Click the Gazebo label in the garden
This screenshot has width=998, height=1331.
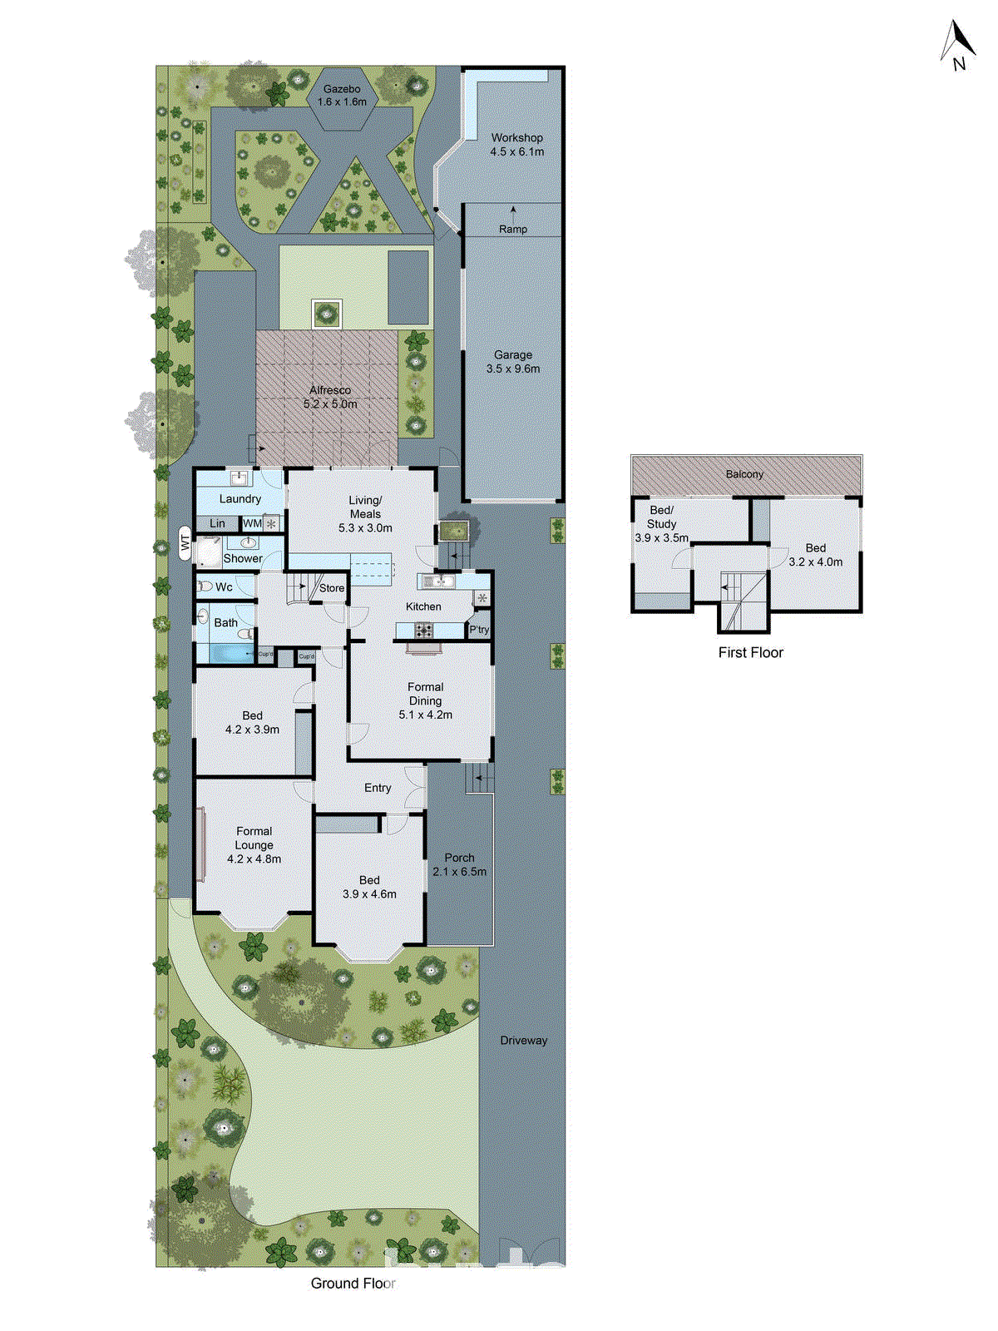[342, 89]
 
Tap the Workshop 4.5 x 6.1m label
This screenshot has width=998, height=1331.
[516, 145]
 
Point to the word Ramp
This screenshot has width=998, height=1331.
[513, 229]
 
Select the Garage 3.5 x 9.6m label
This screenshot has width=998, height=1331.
[513, 362]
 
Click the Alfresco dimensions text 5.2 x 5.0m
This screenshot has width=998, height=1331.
[330, 404]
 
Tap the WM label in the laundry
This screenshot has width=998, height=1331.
[252, 523]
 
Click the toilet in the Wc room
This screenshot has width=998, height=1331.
[205, 586]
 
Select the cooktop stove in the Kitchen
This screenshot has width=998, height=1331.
[423, 631]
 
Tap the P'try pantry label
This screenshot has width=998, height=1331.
[479, 630]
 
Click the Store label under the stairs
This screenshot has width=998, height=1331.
[332, 588]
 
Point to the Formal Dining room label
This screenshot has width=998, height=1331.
[425, 694]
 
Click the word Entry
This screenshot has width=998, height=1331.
[378, 788]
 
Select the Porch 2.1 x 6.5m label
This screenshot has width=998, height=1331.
[459, 864]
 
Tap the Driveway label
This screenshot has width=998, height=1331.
[523, 1041]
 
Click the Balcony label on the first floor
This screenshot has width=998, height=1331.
[744, 474]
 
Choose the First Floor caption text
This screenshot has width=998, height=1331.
[750, 652]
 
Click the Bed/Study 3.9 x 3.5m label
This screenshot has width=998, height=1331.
[661, 524]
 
